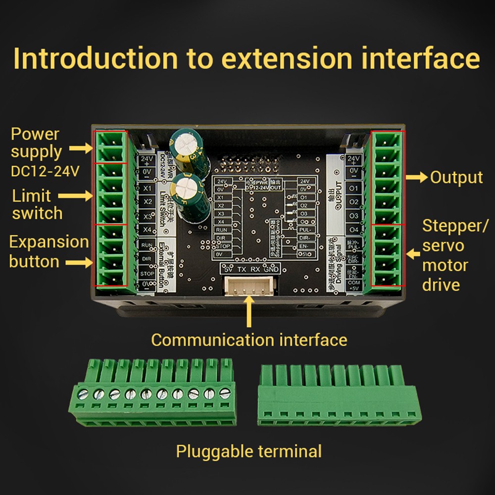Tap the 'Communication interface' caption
pos(248,340)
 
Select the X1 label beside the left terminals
pos(147,188)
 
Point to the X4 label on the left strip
pos(147,230)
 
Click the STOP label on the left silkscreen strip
pos(147,273)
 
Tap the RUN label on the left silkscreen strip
pos(147,245)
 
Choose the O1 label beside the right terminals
pos(353,189)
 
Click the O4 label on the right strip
pos(353,230)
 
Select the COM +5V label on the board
pos(353,286)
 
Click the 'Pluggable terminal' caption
pos(248,451)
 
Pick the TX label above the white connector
pos(242,269)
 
